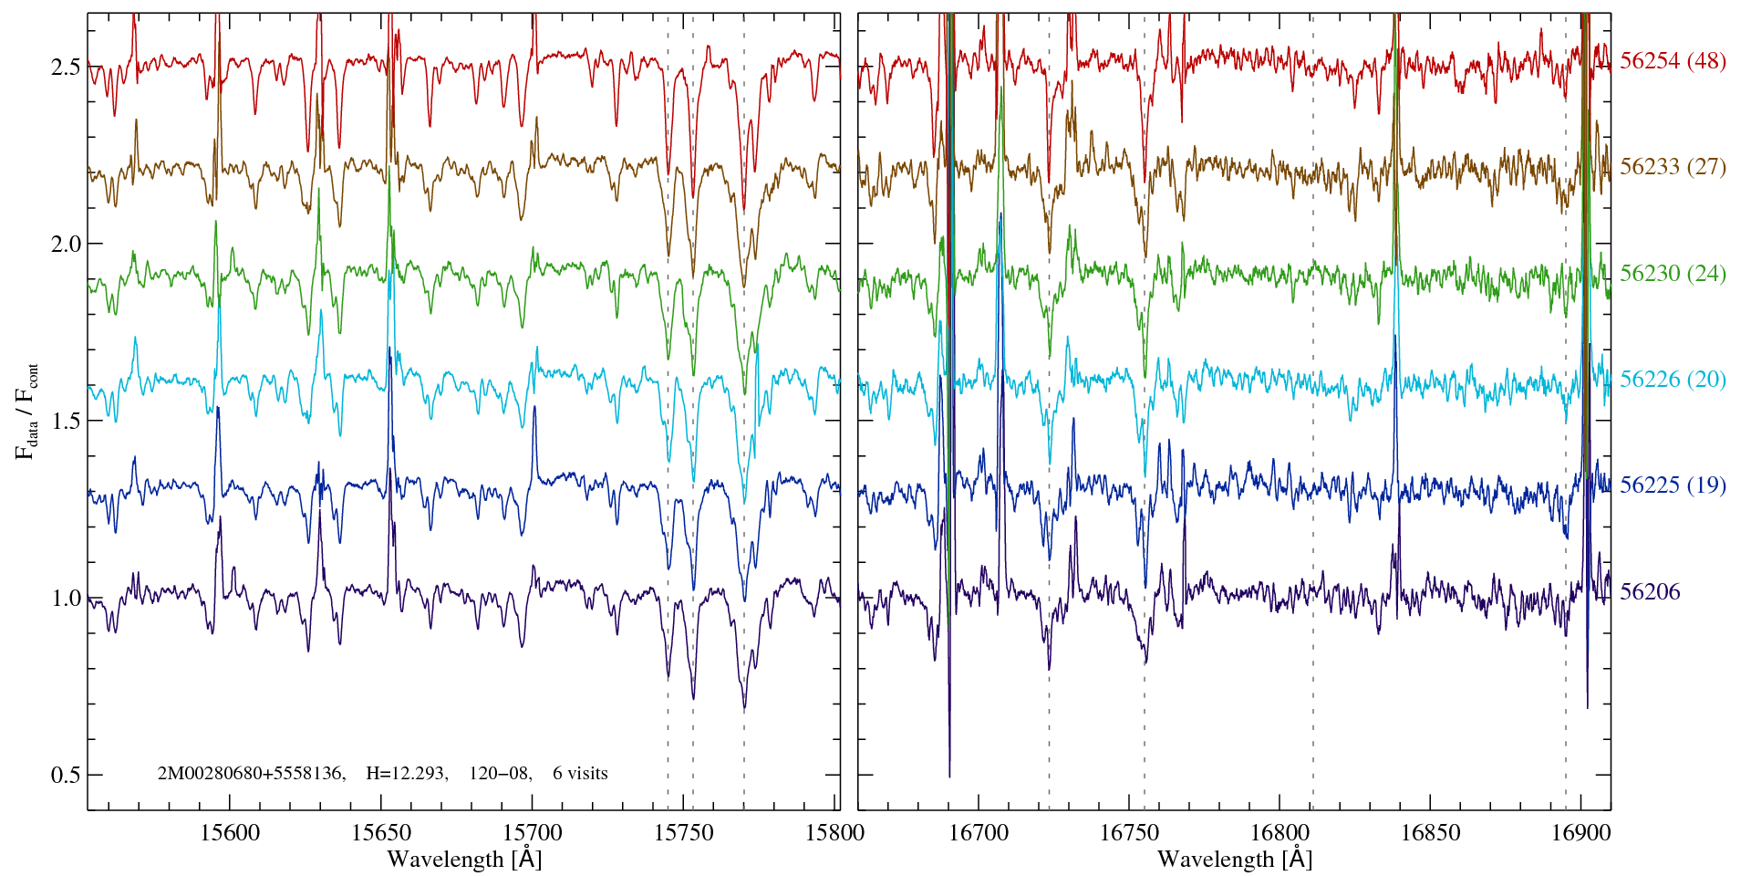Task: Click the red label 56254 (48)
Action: coord(1673,61)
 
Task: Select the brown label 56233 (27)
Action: coord(1673,167)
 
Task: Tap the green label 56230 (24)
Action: coord(1673,273)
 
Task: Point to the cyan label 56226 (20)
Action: coord(1673,379)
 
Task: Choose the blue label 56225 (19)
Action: coord(1673,485)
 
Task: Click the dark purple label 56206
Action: coord(1650,591)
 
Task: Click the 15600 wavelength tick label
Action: coord(230,832)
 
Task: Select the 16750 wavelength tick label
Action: coord(1129,832)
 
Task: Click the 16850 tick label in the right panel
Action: coord(1430,832)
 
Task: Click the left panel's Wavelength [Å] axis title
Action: coord(464,859)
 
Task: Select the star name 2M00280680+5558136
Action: coord(251,774)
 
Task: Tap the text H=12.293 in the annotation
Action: coord(406,774)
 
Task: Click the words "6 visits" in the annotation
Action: coord(580,774)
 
